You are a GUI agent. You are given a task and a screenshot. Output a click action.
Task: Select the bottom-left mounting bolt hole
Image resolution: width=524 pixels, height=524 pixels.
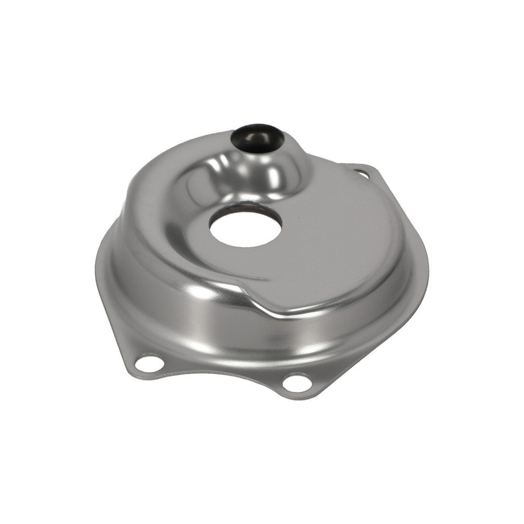click(x=149, y=363)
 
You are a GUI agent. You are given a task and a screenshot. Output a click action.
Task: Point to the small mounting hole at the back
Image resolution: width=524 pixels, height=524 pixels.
click(x=361, y=171)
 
